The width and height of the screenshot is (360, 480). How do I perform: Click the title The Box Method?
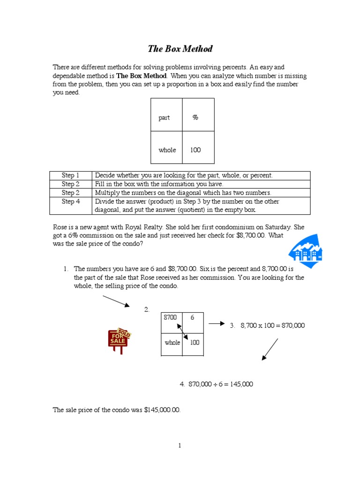[180, 49]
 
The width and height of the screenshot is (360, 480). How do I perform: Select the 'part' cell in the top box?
[164, 118]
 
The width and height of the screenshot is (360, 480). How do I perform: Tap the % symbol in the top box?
[195, 117]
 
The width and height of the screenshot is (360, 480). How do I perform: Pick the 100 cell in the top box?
[195, 150]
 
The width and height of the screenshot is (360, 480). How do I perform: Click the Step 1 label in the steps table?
[70, 175]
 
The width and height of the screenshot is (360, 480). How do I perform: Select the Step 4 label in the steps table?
[70, 202]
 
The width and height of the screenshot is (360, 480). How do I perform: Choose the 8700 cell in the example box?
[170, 317]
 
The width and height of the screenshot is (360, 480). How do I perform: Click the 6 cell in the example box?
[192, 317]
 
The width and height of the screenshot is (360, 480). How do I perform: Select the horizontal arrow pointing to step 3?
[217, 323]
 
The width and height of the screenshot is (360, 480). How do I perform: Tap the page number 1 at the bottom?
[180, 446]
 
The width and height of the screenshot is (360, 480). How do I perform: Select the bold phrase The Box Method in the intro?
[141, 75]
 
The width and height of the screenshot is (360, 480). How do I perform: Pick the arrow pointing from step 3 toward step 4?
[270, 349]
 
